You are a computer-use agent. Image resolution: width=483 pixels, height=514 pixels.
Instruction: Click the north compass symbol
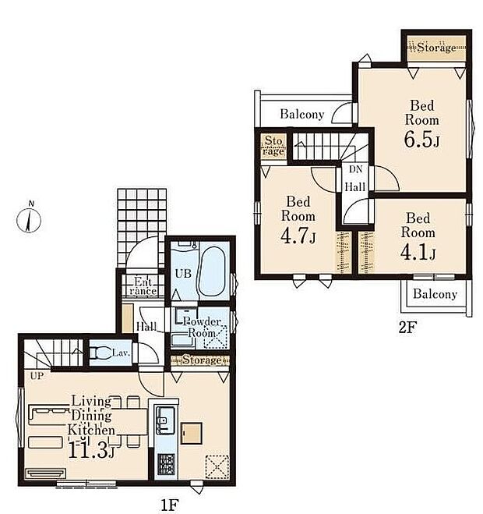click(x=29, y=219)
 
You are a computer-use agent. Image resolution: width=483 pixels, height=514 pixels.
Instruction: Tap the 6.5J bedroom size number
click(x=421, y=140)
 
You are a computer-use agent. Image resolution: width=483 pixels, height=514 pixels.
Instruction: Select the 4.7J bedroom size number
click(x=298, y=236)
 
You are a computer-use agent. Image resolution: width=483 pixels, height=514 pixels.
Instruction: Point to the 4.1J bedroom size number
click(x=418, y=252)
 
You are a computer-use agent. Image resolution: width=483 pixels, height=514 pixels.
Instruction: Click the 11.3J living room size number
click(x=91, y=450)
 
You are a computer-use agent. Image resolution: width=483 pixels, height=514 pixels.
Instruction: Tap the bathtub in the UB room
click(x=212, y=271)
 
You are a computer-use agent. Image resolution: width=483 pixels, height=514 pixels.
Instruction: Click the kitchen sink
click(x=164, y=420)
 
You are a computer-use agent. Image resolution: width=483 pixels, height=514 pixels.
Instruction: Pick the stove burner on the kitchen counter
click(x=167, y=464)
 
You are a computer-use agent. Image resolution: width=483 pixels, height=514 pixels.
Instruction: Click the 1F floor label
click(x=170, y=504)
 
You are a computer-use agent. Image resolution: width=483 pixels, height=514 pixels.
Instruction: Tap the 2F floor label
click(x=407, y=327)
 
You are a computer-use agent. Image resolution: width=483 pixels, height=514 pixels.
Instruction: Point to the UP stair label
click(x=37, y=376)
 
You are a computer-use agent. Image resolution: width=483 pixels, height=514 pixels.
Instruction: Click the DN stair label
click(x=355, y=169)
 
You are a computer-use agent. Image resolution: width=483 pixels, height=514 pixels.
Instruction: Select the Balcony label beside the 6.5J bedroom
click(x=302, y=115)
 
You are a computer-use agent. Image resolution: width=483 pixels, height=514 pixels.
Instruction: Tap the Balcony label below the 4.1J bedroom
click(x=435, y=294)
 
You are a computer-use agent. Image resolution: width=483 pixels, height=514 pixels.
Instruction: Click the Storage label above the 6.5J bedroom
click(x=436, y=48)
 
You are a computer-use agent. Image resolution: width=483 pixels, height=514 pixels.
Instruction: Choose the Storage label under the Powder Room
click(x=202, y=360)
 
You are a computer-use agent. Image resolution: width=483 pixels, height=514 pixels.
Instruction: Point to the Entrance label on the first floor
click(x=143, y=286)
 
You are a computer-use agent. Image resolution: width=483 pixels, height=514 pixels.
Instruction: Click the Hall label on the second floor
click(x=355, y=187)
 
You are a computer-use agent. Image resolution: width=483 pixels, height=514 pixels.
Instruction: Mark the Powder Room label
click(x=202, y=327)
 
